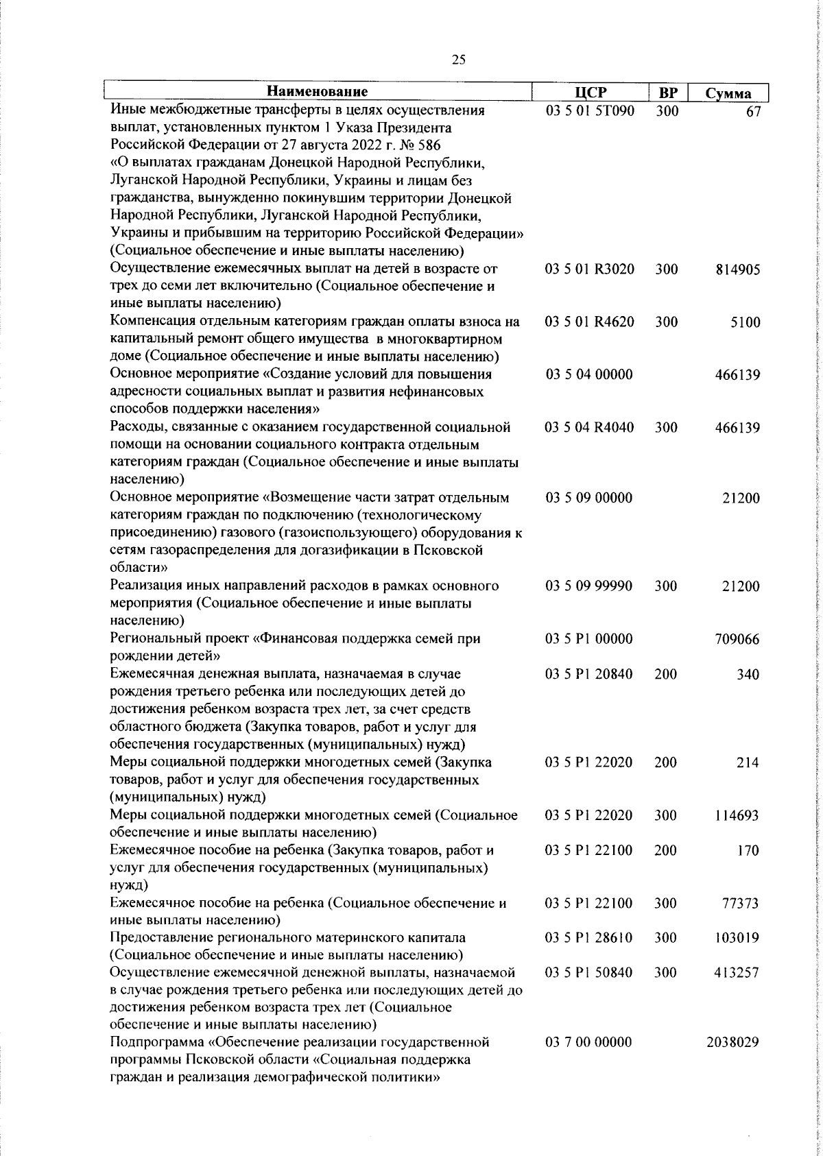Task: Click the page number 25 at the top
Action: pos(459,60)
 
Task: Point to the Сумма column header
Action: pos(728,94)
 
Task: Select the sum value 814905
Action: pos(737,269)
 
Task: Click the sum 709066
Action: pos(737,639)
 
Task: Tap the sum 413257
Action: pos(737,973)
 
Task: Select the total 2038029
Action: pos(732,1061)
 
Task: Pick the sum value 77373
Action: pos(741,903)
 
